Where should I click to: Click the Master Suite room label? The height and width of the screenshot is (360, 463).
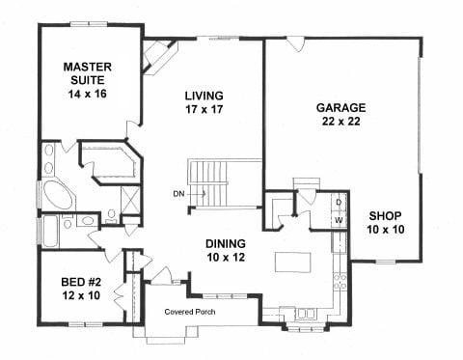(88, 73)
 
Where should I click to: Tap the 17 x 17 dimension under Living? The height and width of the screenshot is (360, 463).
(204, 109)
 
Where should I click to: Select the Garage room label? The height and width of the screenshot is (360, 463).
(340, 107)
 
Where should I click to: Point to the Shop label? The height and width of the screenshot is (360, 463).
(385, 216)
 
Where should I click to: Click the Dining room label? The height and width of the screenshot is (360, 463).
(226, 243)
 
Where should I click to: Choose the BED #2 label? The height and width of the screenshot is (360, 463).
(81, 282)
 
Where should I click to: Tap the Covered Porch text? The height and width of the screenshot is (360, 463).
(190, 312)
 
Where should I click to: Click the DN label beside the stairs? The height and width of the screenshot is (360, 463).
(178, 194)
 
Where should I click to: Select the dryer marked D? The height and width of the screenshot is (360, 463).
(339, 202)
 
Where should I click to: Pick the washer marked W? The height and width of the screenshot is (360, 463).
(339, 220)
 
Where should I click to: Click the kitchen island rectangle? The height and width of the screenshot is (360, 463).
(292, 263)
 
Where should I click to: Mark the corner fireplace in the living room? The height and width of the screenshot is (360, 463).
(160, 57)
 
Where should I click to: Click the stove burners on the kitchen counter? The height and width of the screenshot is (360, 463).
(340, 281)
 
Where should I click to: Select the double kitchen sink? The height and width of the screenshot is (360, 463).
(305, 313)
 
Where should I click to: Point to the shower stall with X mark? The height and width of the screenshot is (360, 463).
(130, 200)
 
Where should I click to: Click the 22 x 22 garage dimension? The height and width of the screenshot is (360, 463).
(340, 122)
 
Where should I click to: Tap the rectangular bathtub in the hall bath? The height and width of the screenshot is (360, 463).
(50, 232)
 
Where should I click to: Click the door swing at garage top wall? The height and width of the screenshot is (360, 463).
(295, 44)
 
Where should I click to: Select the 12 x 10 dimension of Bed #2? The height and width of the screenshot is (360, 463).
(81, 295)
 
